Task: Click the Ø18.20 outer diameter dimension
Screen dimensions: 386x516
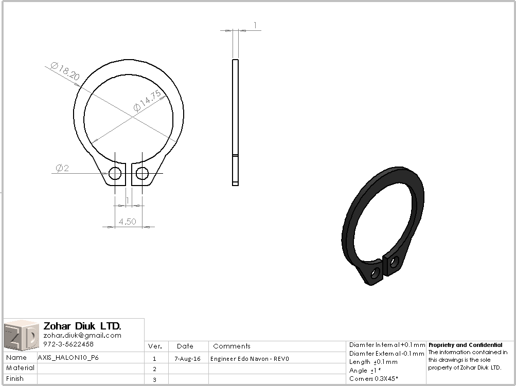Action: [x=65, y=71]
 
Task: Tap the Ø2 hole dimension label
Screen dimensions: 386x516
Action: [x=62, y=168]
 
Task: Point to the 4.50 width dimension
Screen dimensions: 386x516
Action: [x=127, y=222]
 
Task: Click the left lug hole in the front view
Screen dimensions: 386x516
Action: [x=115, y=173]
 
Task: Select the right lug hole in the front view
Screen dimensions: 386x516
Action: [x=142, y=173]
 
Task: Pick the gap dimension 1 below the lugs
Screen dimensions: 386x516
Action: [x=128, y=200]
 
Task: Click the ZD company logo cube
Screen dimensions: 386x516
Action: [x=21, y=335]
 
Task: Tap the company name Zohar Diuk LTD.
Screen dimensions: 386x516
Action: [x=82, y=326]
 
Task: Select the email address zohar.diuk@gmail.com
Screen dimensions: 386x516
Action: [x=82, y=335]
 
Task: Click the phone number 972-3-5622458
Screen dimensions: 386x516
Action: [x=68, y=344]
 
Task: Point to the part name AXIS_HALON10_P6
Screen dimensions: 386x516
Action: [x=68, y=357]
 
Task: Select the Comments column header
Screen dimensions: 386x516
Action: [x=232, y=346]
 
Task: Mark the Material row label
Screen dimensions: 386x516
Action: [x=21, y=368]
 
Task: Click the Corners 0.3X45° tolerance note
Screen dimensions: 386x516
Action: [x=373, y=378]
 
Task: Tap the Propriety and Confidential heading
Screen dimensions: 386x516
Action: [x=465, y=345]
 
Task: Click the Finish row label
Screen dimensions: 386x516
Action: [x=15, y=379]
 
